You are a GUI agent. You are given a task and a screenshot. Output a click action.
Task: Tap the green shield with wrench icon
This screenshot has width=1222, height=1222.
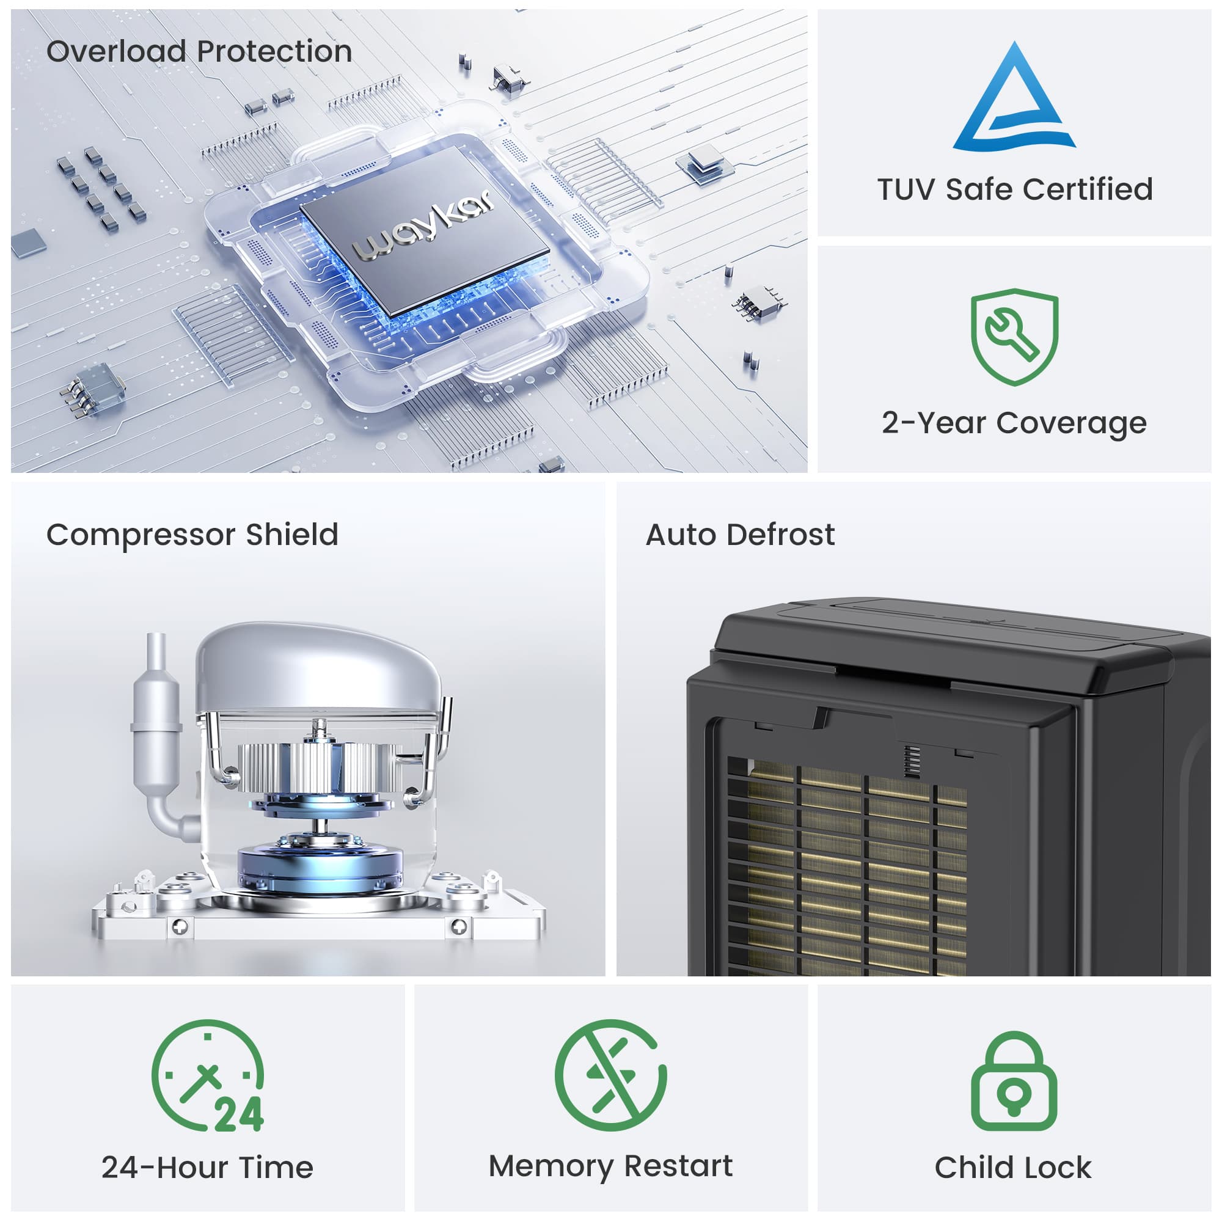1014,337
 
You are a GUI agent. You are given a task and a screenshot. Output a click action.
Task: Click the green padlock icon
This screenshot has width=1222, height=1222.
1014,1081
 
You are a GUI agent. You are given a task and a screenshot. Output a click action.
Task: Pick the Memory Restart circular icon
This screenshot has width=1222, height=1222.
610,1075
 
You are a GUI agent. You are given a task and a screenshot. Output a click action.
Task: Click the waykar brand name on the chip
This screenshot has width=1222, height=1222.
423,226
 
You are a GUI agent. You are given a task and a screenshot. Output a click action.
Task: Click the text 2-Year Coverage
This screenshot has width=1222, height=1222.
1014,424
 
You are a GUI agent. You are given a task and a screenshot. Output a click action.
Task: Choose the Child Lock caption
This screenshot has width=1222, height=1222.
1013,1168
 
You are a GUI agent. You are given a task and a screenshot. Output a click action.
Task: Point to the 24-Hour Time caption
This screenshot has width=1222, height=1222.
208,1168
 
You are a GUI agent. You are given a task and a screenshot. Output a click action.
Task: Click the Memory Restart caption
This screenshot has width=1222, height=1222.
610,1167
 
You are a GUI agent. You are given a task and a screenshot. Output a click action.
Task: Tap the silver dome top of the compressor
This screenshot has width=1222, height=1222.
320,668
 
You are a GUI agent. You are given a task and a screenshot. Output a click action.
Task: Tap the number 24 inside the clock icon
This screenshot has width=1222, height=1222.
239,1114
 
